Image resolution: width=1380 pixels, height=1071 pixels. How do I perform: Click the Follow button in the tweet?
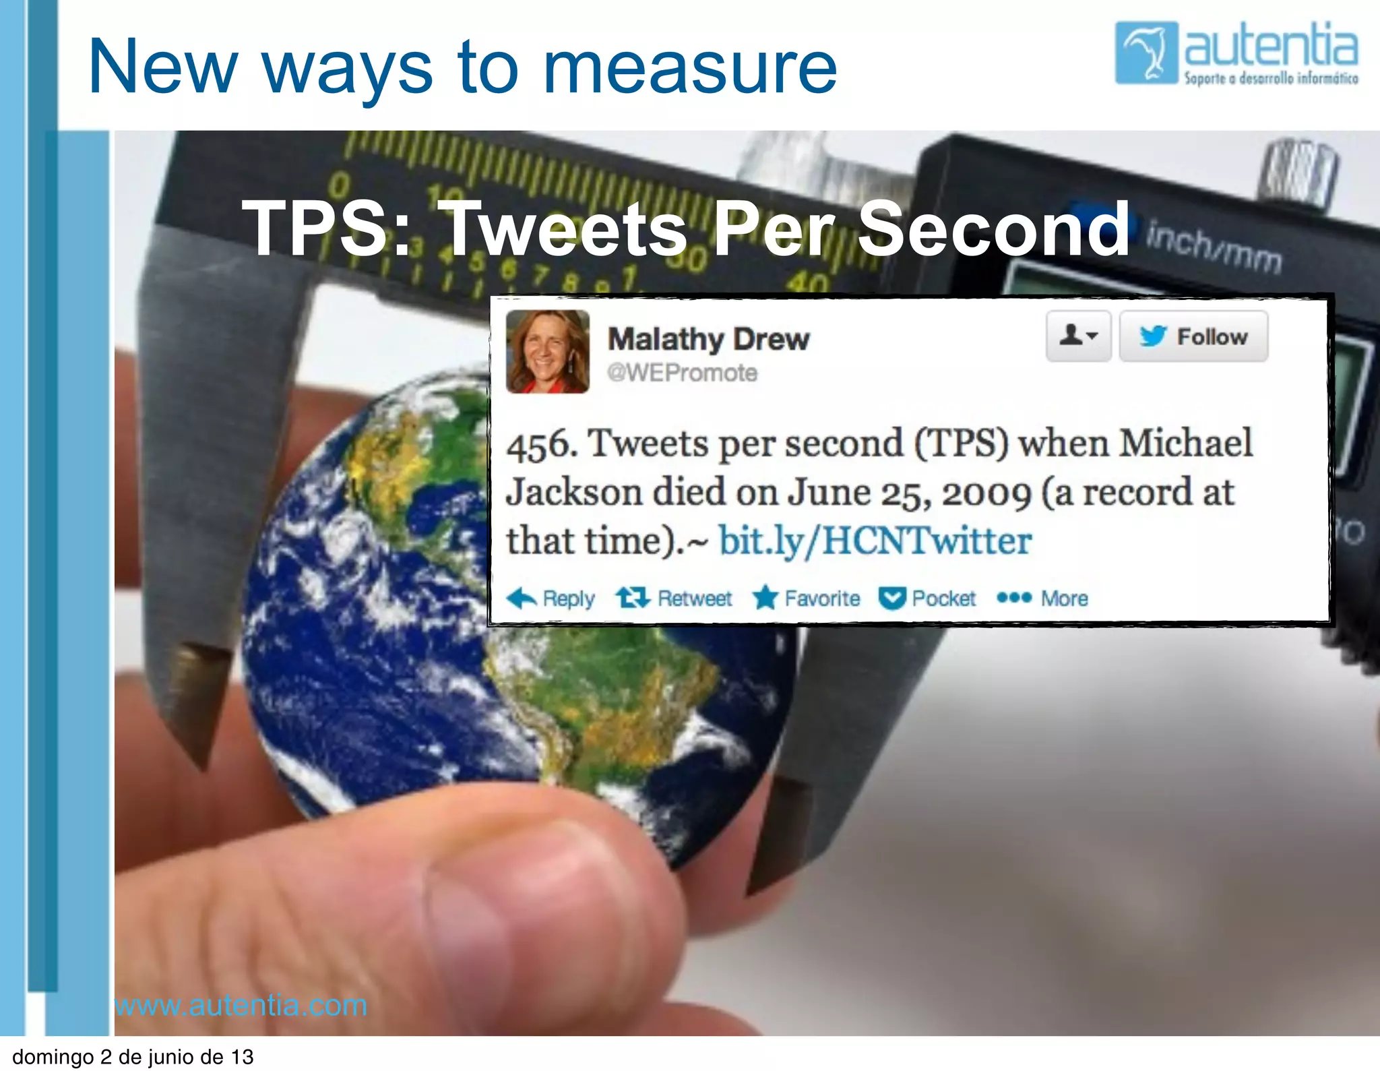coord(1193,336)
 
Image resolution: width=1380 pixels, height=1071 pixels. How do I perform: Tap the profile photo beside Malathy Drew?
coord(547,351)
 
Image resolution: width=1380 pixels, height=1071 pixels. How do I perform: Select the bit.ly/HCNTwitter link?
coord(875,541)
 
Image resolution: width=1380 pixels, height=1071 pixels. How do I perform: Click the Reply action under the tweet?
coord(551,598)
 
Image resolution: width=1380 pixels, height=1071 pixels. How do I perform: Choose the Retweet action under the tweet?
coord(674,598)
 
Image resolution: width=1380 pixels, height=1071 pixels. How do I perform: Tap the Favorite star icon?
coord(765,597)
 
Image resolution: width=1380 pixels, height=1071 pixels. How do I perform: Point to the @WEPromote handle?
coord(682,373)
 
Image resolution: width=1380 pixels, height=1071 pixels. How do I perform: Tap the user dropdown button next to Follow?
coord(1078,336)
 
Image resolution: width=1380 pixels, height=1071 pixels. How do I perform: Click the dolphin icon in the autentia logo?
coord(1146,53)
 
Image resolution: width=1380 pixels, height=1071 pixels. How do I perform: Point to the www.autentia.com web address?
coord(241,1005)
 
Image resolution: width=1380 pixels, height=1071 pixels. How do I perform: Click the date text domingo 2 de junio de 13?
coord(133,1056)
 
